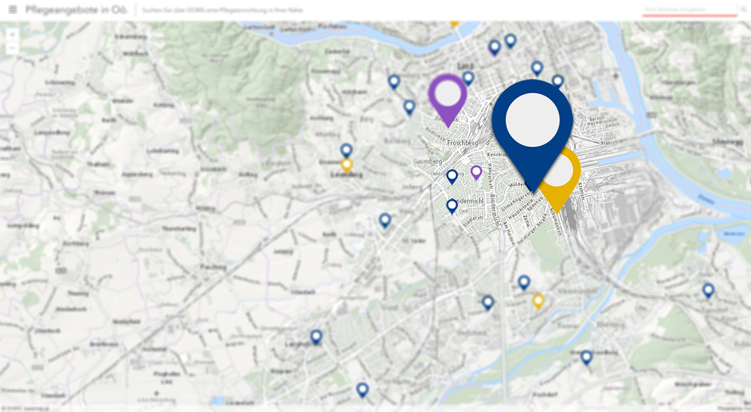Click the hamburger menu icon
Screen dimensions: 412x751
(13, 10)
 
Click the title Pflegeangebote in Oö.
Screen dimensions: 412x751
(68, 10)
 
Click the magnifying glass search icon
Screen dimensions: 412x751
(743, 10)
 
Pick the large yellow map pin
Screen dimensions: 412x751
(560, 173)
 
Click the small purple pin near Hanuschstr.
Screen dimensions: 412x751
(476, 172)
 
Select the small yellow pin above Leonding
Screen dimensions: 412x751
(347, 164)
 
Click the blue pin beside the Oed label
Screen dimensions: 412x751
(452, 206)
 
